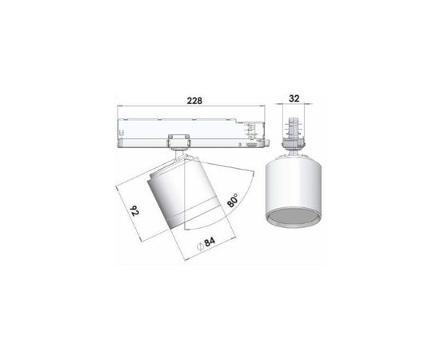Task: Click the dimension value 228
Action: [192, 101]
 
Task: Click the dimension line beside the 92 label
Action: [126, 210]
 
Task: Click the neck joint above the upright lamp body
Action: [294, 150]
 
